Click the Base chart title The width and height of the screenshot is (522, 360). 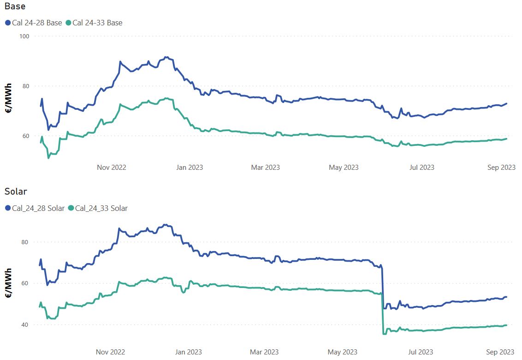click(15, 7)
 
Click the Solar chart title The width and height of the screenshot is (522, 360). click(16, 191)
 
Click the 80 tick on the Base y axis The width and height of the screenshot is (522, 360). click(25, 86)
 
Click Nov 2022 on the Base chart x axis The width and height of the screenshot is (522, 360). click(111, 167)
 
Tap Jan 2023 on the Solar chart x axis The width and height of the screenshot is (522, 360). click(188, 352)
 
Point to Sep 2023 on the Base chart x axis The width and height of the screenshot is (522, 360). click(501, 167)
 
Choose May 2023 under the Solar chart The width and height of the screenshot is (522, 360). click(343, 352)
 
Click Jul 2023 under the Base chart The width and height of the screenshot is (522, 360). click(421, 167)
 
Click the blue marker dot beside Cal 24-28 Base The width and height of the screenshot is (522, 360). click(7, 23)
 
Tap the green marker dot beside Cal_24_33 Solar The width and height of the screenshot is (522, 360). click(71, 208)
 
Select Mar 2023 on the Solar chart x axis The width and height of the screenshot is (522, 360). click(265, 352)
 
